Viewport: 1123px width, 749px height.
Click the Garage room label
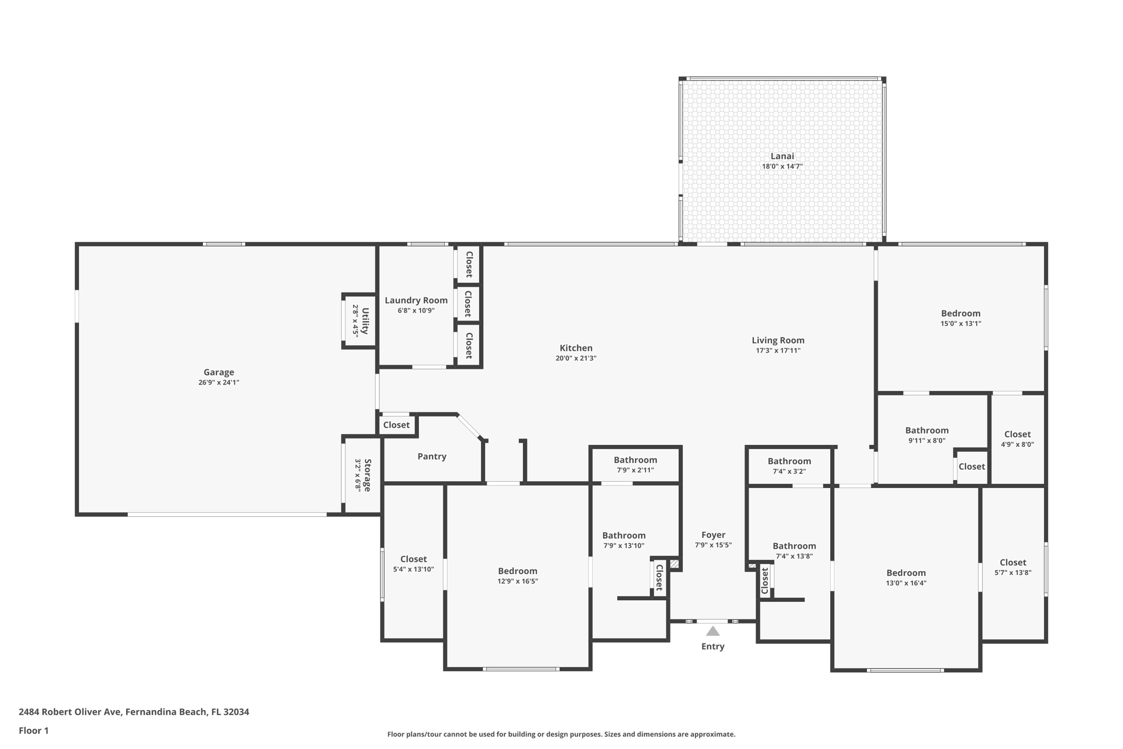coord(219,372)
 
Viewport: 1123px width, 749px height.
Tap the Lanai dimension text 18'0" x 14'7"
coord(782,166)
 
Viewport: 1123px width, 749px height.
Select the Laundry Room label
coord(416,300)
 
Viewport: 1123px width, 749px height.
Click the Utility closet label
coord(365,321)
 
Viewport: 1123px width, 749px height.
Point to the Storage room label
coord(367,475)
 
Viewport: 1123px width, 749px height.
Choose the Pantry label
coord(432,457)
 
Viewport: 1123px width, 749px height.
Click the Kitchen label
coord(576,348)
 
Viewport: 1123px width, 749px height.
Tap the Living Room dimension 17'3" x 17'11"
coord(778,351)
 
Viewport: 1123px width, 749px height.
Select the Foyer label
coord(713,535)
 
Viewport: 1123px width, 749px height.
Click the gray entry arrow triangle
coord(713,631)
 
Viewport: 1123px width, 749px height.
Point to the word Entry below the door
coord(713,646)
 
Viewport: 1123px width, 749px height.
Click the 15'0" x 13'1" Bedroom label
coord(961,313)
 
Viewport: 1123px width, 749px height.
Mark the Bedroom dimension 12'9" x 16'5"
coord(518,581)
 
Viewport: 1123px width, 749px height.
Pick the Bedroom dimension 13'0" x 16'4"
coord(906,583)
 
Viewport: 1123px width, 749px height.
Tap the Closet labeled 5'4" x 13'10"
coord(413,559)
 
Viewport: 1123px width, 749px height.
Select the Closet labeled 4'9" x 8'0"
coord(1018,434)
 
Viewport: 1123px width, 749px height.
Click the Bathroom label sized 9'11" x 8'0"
coord(927,430)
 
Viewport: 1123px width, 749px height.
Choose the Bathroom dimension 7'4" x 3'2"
coord(789,471)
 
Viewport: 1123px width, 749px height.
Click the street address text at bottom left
coord(134,712)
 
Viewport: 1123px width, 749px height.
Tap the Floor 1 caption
coord(33,730)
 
